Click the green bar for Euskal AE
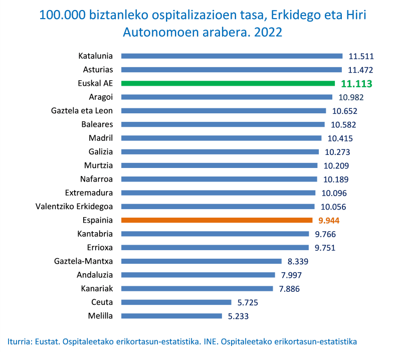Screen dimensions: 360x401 coord(228,83)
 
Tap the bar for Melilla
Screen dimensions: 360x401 coord(171,316)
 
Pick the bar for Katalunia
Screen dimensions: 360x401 coord(232,56)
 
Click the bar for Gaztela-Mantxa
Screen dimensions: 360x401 coord(201,261)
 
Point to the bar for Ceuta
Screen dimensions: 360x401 coord(176,302)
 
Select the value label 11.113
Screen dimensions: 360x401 coord(356,84)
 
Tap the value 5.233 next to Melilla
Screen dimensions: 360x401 coord(238,316)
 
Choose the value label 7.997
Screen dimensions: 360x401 coord(291,275)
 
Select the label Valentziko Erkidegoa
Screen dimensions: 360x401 coord(74,206)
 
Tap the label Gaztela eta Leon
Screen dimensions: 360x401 coord(82,110)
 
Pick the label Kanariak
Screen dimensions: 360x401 coord(97,288)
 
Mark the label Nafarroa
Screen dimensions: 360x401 coord(96,179)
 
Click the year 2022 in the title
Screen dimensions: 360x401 coord(268,33)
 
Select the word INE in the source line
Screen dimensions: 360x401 coord(208,341)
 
